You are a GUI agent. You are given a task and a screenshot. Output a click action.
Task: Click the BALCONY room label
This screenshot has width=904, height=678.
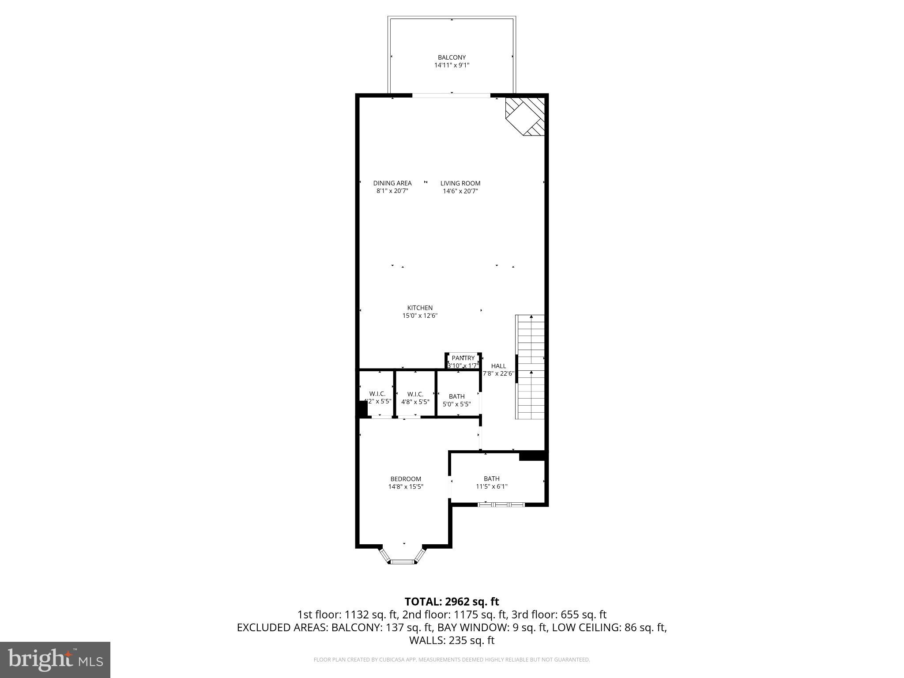452,57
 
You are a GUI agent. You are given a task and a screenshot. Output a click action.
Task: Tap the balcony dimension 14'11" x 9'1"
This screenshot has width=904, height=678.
452,65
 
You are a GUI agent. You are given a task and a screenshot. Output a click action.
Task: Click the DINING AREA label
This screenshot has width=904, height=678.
392,183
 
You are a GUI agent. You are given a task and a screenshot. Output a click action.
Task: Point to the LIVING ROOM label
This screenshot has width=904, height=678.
460,183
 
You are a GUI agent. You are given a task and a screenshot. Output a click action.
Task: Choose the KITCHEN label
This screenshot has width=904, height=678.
419,308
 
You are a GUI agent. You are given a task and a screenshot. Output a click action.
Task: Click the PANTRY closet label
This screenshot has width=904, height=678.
463,358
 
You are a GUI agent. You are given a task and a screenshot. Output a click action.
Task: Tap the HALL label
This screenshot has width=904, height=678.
498,366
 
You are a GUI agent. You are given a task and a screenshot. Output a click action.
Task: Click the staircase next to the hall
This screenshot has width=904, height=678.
531,367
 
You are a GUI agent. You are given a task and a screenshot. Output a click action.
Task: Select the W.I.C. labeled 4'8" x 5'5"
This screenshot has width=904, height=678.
415,398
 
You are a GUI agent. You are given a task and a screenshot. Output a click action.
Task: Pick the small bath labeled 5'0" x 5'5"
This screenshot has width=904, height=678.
457,400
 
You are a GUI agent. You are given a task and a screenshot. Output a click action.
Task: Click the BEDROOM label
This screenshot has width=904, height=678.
405,479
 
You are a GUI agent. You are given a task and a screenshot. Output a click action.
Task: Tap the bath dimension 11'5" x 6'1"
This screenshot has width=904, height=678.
491,487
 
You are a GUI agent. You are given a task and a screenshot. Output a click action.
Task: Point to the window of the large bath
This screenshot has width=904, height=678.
502,504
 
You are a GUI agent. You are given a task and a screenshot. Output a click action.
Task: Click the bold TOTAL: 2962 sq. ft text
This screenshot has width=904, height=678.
452,602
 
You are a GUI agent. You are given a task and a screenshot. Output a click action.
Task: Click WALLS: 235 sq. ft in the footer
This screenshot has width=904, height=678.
452,640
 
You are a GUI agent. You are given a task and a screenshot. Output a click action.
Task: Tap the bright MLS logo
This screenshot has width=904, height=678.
55,659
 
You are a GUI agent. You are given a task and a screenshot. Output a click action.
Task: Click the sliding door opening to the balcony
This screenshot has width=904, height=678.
451,95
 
